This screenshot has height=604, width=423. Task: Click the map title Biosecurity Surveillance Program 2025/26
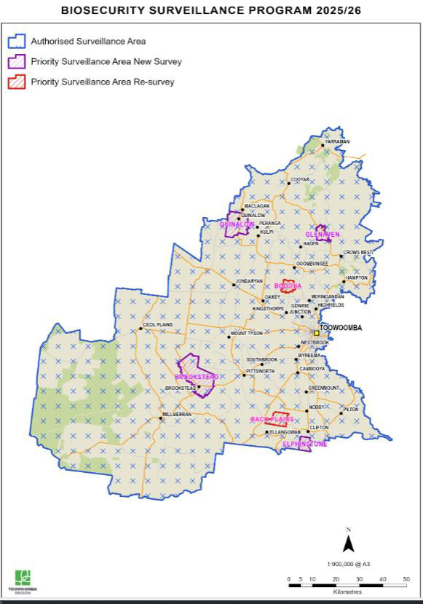tap(211, 12)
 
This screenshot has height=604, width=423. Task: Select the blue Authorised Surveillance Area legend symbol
tap(17, 42)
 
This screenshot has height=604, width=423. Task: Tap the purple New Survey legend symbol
tap(17, 61)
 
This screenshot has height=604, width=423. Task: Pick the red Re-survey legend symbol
tap(17, 82)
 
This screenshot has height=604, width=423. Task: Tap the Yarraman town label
tap(338, 141)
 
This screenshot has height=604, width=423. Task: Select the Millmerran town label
tap(175, 414)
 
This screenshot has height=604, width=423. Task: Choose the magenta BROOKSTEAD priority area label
tap(197, 377)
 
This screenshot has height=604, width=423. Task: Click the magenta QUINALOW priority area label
tap(237, 224)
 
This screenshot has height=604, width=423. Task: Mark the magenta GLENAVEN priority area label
tap(323, 235)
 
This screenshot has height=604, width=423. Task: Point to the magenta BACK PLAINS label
tap(272, 420)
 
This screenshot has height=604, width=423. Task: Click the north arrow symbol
tap(348, 542)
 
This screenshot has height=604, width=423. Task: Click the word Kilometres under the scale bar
tap(347, 592)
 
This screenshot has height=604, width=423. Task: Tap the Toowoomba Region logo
tap(25, 581)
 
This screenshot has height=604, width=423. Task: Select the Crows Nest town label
tap(357, 252)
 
